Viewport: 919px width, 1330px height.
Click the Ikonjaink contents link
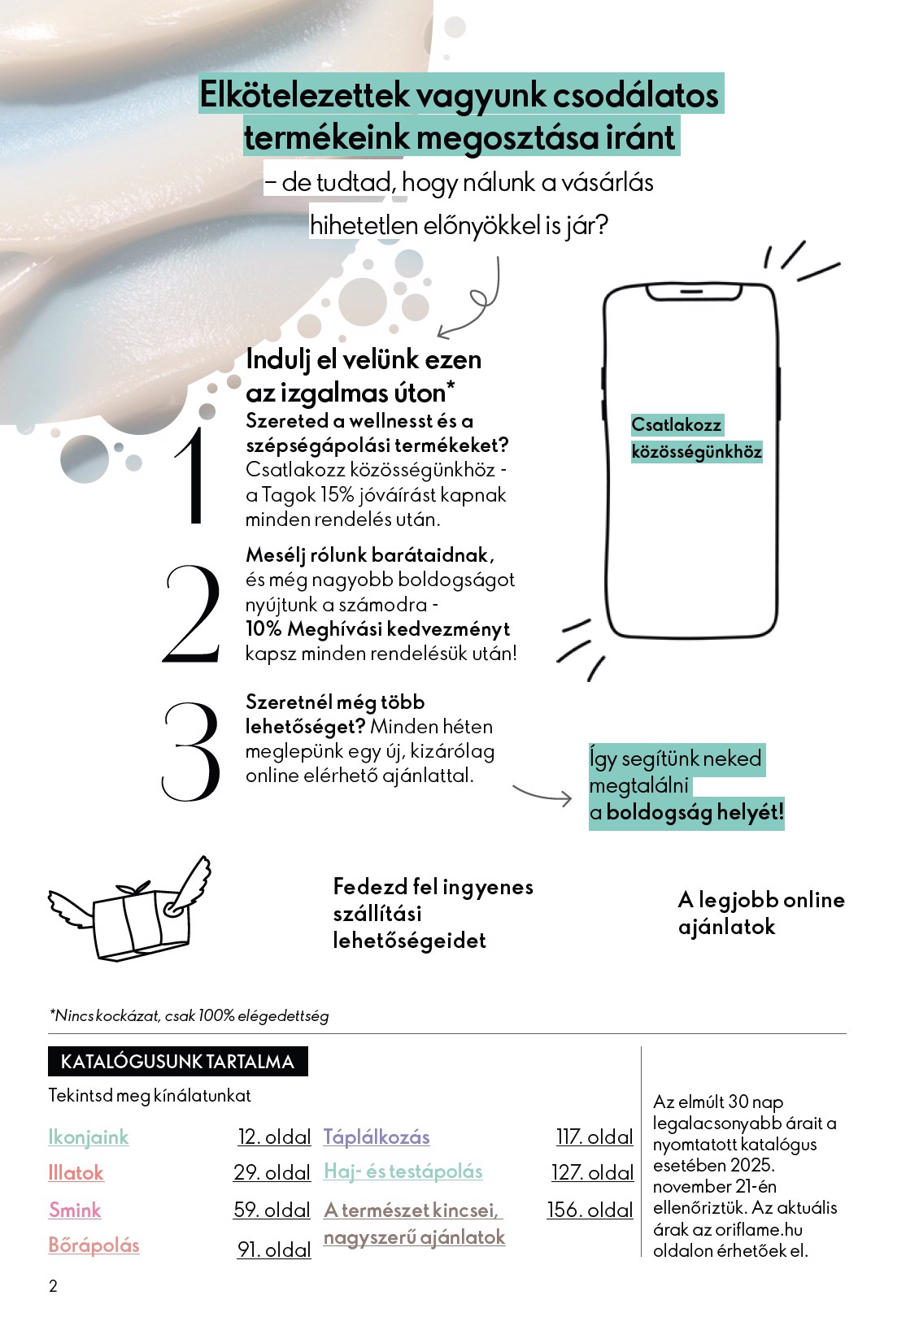click(x=89, y=1137)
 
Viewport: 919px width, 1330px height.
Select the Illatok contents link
click(x=76, y=1172)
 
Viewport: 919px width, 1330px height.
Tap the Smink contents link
click(x=75, y=1210)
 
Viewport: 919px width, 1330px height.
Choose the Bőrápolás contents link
click(x=94, y=1245)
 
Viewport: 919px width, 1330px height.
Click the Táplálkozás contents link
click(x=377, y=1137)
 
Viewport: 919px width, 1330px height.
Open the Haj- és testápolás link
click(x=403, y=1171)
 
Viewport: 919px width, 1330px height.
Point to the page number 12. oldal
click(x=274, y=1137)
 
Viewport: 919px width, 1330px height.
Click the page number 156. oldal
click(x=590, y=1210)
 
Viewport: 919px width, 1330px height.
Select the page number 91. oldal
click(x=274, y=1250)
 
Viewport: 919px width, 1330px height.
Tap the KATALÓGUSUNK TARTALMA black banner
click(x=177, y=1062)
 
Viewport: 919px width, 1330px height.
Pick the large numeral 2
click(x=192, y=614)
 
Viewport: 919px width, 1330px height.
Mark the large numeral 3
click(x=192, y=751)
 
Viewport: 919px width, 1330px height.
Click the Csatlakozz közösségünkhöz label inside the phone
click(x=696, y=438)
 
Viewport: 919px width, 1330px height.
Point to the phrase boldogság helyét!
click(x=695, y=812)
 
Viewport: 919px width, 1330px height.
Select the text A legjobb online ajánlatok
click(x=761, y=913)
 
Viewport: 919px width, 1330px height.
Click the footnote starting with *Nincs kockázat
click(x=189, y=1015)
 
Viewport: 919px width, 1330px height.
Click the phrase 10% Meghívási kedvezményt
click(x=378, y=629)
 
